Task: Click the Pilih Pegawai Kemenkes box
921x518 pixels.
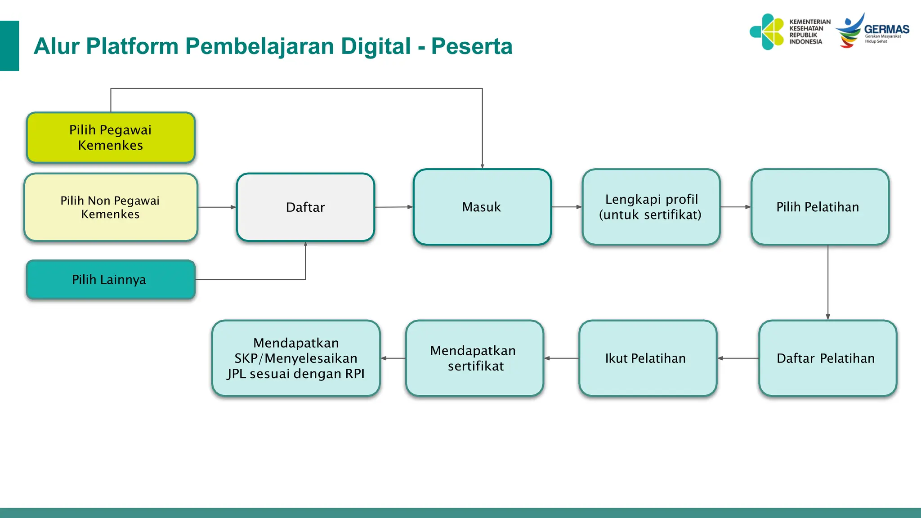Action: (x=111, y=138)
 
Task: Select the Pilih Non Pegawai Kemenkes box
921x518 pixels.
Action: (x=111, y=207)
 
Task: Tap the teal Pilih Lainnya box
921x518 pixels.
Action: (x=111, y=280)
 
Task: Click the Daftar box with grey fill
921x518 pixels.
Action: (x=305, y=207)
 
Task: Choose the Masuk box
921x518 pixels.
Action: (x=482, y=207)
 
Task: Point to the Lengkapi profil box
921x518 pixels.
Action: (x=651, y=207)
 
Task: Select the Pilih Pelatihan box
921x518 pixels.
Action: (x=819, y=207)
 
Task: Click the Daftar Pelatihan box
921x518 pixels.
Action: (x=827, y=358)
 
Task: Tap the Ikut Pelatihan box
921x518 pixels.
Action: (x=647, y=358)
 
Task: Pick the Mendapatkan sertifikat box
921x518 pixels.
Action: (x=474, y=358)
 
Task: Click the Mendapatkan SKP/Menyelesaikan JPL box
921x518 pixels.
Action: (x=296, y=358)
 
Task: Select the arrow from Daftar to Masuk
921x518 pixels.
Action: (x=393, y=207)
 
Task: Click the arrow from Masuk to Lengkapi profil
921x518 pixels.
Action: (x=567, y=207)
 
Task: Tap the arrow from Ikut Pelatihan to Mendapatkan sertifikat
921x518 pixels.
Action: (x=561, y=358)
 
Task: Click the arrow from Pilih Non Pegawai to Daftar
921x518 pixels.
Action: (x=217, y=207)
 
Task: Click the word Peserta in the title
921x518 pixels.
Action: (x=472, y=46)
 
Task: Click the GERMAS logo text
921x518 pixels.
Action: (x=886, y=30)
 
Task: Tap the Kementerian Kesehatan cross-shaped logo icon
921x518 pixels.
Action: (x=768, y=31)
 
